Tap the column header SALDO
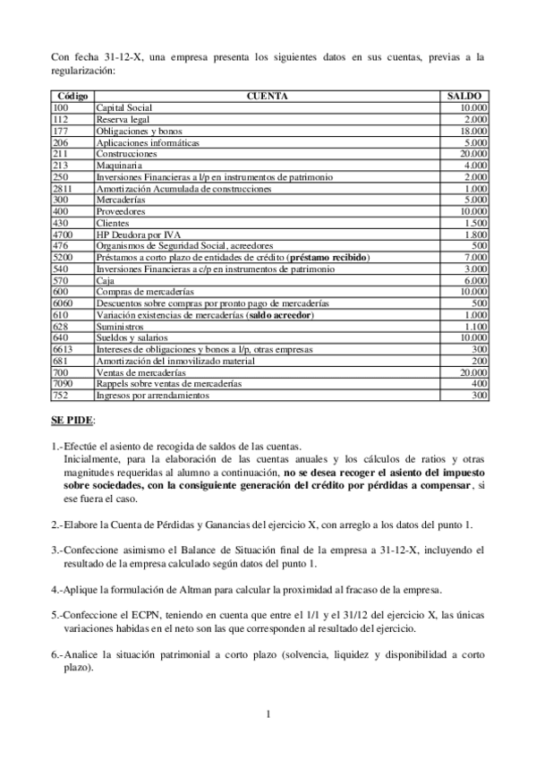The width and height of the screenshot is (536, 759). (464, 95)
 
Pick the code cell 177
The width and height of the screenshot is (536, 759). (61, 131)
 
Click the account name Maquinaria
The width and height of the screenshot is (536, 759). (119, 166)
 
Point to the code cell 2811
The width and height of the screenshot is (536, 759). (63, 189)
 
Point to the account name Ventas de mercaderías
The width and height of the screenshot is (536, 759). (141, 371)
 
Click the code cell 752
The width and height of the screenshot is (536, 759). (61, 395)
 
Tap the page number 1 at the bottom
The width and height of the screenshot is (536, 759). (268, 713)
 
